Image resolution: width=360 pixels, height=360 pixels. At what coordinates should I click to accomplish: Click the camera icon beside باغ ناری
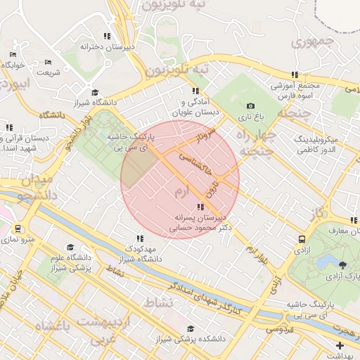(x=250, y=105)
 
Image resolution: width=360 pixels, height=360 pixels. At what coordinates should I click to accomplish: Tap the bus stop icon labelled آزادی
(x=302, y=239)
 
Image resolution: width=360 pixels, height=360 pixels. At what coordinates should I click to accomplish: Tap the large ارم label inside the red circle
(x=182, y=191)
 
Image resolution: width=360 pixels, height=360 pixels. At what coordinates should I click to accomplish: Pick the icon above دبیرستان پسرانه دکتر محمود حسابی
(x=200, y=207)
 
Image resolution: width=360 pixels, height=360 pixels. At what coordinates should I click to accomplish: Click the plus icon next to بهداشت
(x=340, y=345)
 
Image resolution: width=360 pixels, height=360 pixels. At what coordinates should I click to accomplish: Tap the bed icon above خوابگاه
(x=13, y=54)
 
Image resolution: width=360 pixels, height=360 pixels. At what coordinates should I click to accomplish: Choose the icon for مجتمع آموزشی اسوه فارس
(x=295, y=74)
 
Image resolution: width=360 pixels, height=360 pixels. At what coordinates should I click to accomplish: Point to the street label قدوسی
(x=278, y=328)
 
